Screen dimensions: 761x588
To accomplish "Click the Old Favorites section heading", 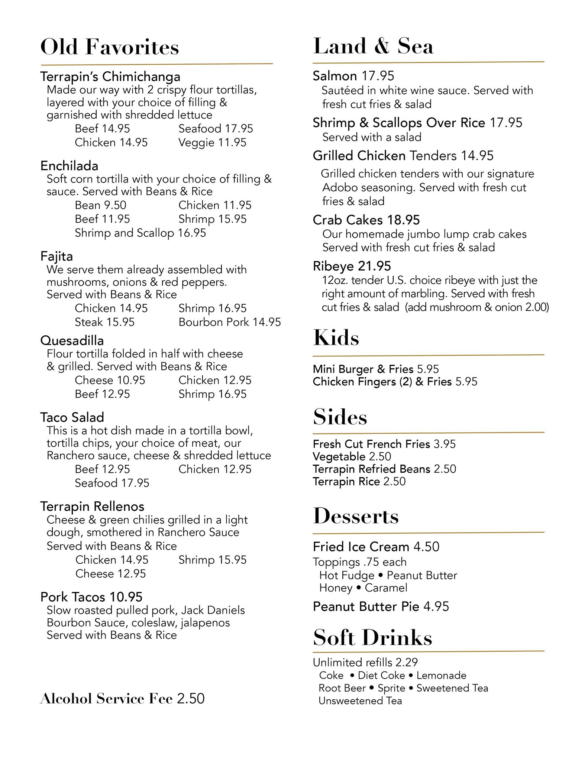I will [110, 47].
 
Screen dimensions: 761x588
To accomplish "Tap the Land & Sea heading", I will [373, 46].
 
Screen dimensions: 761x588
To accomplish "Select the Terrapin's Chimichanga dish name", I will [110, 77].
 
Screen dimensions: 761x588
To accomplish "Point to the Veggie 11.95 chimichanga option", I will [212, 142].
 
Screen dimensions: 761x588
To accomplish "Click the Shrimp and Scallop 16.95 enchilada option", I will [140, 233].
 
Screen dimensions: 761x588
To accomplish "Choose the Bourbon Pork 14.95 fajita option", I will [230, 322].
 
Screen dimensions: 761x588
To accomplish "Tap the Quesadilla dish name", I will [72, 340].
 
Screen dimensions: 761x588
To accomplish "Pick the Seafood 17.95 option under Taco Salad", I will [112, 483].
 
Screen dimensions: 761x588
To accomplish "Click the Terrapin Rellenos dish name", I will [92, 506].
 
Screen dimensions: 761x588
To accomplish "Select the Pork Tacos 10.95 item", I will [91, 597].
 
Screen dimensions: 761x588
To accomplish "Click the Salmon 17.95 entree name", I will [353, 76].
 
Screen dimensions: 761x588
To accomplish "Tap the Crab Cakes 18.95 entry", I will [366, 220].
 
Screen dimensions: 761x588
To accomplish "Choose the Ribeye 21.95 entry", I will [352, 266].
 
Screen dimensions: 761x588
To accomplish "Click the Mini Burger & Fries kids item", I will [375, 369].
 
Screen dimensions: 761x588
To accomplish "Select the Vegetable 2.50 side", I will [352, 456].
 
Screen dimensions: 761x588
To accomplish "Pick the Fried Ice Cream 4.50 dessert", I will [376, 547].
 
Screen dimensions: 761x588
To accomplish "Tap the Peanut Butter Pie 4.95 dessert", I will [381, 606].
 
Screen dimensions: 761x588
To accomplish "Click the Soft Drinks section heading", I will [372, 638].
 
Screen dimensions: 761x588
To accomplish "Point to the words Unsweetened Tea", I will [360, 701].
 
